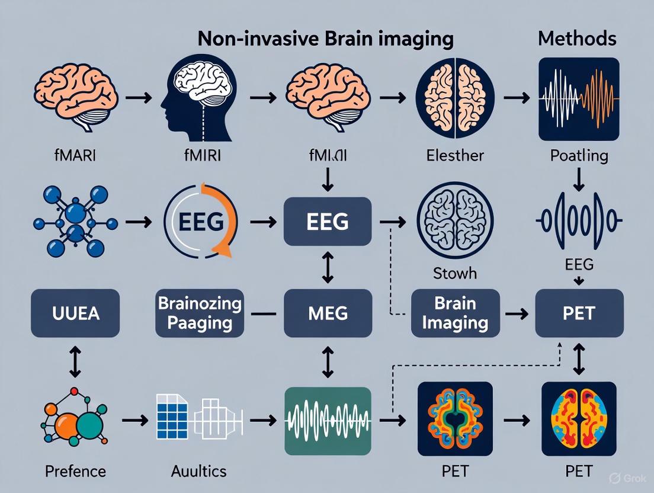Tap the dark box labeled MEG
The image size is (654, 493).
coord(328,313)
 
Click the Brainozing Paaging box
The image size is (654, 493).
coord(199,313)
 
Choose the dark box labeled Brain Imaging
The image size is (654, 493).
coord(454,313)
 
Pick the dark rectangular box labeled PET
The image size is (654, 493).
coord(578,313)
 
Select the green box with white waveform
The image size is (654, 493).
coord(328,420)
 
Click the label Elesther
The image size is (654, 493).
coord(454,156)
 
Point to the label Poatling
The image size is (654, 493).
coord(579,156)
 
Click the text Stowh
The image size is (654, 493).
coord(454,274)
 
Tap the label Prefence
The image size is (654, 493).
coord(75,472)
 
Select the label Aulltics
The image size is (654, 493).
coord(198,472)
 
